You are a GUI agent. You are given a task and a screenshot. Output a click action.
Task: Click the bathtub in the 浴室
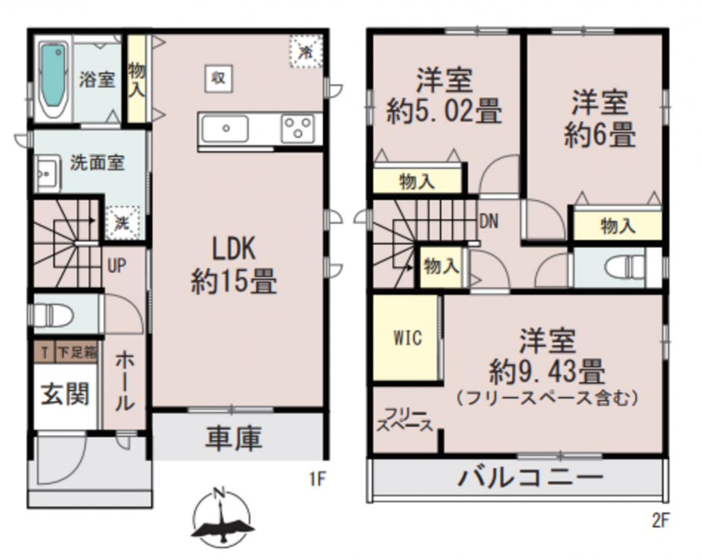point(54,81)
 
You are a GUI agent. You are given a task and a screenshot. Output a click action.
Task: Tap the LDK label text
point(234,249)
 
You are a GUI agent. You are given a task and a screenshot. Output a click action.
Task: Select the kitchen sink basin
point(225,128)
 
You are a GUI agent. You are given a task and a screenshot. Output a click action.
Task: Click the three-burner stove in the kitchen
point(297,128)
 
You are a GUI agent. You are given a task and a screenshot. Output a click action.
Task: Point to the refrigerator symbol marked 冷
point(306,52)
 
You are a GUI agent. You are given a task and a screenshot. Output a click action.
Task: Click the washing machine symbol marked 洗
point(122,223)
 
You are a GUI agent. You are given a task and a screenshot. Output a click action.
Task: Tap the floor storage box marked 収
point(219,79)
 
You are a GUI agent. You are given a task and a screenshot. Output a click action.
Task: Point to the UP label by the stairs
point(117,266)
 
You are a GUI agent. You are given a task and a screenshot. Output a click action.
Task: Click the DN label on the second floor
point(489,221)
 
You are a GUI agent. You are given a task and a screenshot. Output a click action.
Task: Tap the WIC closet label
point(407,337)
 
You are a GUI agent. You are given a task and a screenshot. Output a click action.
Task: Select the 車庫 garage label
point(234,438)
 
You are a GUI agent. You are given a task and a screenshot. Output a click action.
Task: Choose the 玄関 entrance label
point(66,394)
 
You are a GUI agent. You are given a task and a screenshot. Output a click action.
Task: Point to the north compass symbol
point(221,520)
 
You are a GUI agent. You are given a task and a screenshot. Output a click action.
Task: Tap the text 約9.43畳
point(547,371)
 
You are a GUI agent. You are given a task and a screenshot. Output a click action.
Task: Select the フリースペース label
point(405,420)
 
